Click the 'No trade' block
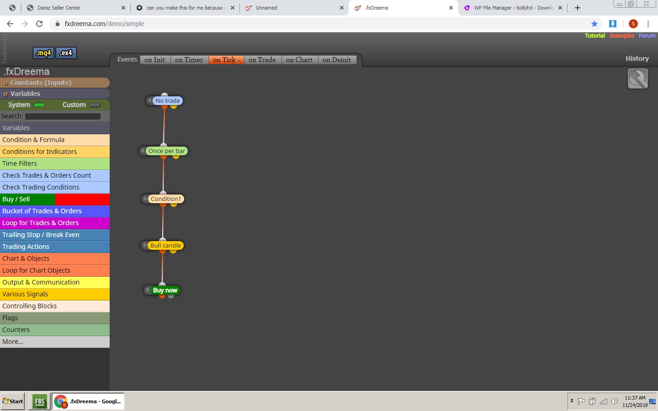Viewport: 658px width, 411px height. point(167,100)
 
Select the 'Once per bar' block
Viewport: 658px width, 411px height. point(166,151)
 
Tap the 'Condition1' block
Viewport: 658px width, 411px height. point(166,199)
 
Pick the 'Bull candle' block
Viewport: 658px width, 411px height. point(165,245)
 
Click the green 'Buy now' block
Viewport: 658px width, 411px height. point(165,290)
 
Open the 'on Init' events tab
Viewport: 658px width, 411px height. point(155,60)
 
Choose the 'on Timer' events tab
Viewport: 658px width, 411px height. point(189,60)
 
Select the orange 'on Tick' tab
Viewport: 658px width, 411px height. point(226,60)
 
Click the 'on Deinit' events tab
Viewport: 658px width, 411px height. point(337,60)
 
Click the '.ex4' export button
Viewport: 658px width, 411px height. point(66,53)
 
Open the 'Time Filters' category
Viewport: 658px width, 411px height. point(55,163)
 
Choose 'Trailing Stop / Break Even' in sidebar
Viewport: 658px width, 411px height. point(55,235)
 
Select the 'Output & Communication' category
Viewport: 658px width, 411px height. point(55,282)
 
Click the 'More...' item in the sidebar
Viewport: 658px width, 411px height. point(55,342)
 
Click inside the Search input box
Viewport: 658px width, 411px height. point(63,116)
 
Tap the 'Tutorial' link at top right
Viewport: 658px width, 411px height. point(594,36)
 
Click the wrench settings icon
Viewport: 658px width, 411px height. point(638,79)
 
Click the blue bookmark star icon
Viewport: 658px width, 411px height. point(594,24)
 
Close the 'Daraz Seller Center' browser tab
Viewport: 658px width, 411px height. point(123,8)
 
